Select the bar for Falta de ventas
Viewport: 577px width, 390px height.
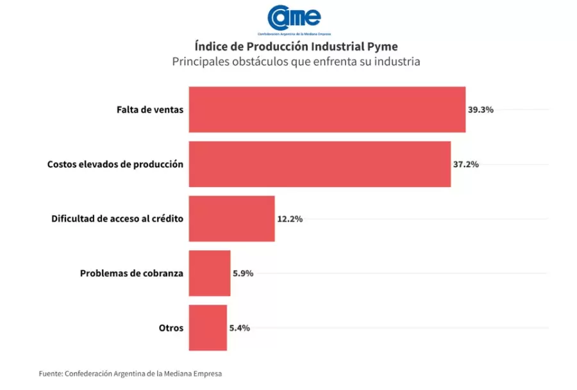[327, 110]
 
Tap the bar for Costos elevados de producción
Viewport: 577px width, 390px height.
[319, 164]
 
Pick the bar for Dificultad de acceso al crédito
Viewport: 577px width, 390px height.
[231, 218]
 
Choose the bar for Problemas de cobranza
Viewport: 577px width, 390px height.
[209, 273]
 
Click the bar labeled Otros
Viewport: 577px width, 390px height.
[208, 328]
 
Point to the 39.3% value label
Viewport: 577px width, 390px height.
[480, 110]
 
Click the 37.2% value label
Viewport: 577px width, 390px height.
[465, 164]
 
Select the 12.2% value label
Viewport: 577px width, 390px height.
[290, 218]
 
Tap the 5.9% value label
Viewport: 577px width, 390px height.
[243, 273]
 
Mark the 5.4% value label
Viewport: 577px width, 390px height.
[239, 328]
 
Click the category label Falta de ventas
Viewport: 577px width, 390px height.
[150, 110]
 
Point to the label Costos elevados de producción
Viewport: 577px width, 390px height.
[115, 164]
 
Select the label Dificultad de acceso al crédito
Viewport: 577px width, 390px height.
[117, 218]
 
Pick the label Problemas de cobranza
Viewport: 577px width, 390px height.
[131, 273]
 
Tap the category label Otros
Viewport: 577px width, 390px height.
[171, 328]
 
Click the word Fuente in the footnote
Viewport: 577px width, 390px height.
[50, 373]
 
